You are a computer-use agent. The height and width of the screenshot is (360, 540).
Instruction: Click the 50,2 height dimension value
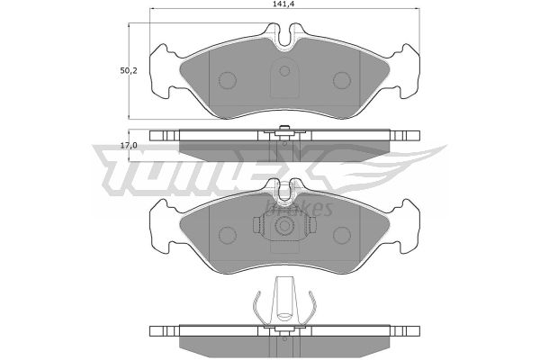129,71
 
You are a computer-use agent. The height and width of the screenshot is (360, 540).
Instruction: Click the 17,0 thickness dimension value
129,146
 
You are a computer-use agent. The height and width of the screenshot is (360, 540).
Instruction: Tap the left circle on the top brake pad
228,80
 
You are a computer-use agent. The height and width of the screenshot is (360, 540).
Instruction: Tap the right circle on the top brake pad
342,80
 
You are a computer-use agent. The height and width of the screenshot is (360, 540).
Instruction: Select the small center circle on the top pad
284,71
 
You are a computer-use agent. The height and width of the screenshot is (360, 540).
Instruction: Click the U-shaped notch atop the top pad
284,35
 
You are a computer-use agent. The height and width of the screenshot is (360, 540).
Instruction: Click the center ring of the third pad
284,226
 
